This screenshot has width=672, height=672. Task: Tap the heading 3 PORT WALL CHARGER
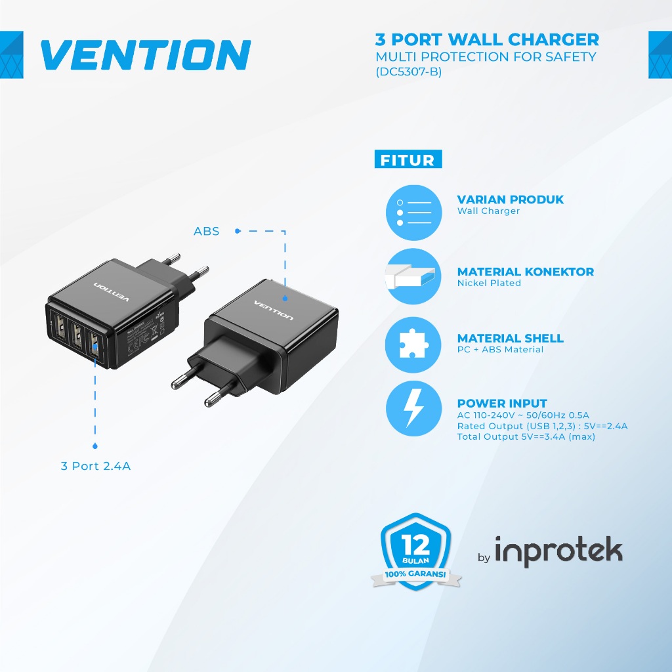pyautogui.click(x=486, y=40)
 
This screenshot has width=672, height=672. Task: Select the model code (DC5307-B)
pyautogui.click(x=408, y=72)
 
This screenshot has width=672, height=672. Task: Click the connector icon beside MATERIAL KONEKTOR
pyautogui.click(x=413, y=276)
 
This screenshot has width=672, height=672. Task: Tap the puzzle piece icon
pyautogui.click(x=413, y=343)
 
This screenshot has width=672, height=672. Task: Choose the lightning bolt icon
pyautogui.click(x=413, y=408)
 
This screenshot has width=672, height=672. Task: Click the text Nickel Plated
pyautogui.click(x=489, y=283)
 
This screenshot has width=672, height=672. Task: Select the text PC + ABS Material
pyautogui.click(x=500, y=350)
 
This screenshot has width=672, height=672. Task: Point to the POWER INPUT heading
pyautogui.click(x=501, y=404)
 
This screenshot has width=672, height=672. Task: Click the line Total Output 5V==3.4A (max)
pyautogui.click(x=526, y=437)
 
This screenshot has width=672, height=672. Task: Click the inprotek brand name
pyautogui.click(x=558, y=551)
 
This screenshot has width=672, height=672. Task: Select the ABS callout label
pyautogui.click(x=206, y=231)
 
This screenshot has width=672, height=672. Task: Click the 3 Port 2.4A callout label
pyautogui.click(x=96, y=467)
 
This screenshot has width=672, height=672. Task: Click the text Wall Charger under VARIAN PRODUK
pyautogui.click(x=488, y=211)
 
